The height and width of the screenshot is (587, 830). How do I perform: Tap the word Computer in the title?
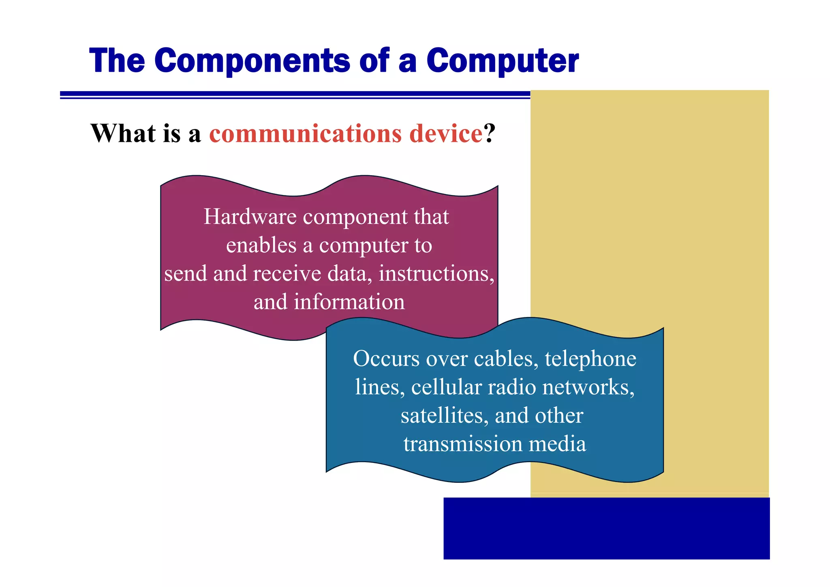[502, 61]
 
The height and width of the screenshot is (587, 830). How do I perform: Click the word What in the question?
[123, 133]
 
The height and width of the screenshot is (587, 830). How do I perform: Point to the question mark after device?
[490, 133]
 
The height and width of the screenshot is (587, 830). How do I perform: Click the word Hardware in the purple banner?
[250, 216]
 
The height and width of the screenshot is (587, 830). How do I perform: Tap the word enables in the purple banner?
[261, 245]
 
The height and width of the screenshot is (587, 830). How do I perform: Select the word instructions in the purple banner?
[436, 274]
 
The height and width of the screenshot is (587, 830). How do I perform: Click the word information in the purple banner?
[349, 302]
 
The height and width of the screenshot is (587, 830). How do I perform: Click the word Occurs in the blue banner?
[386, 359]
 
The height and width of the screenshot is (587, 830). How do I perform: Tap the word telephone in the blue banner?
[590, 359]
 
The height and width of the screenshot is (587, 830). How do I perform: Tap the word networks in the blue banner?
[588, 387]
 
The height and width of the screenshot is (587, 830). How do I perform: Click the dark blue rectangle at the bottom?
[606, 528]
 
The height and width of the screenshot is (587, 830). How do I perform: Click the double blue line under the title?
[295, 95]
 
